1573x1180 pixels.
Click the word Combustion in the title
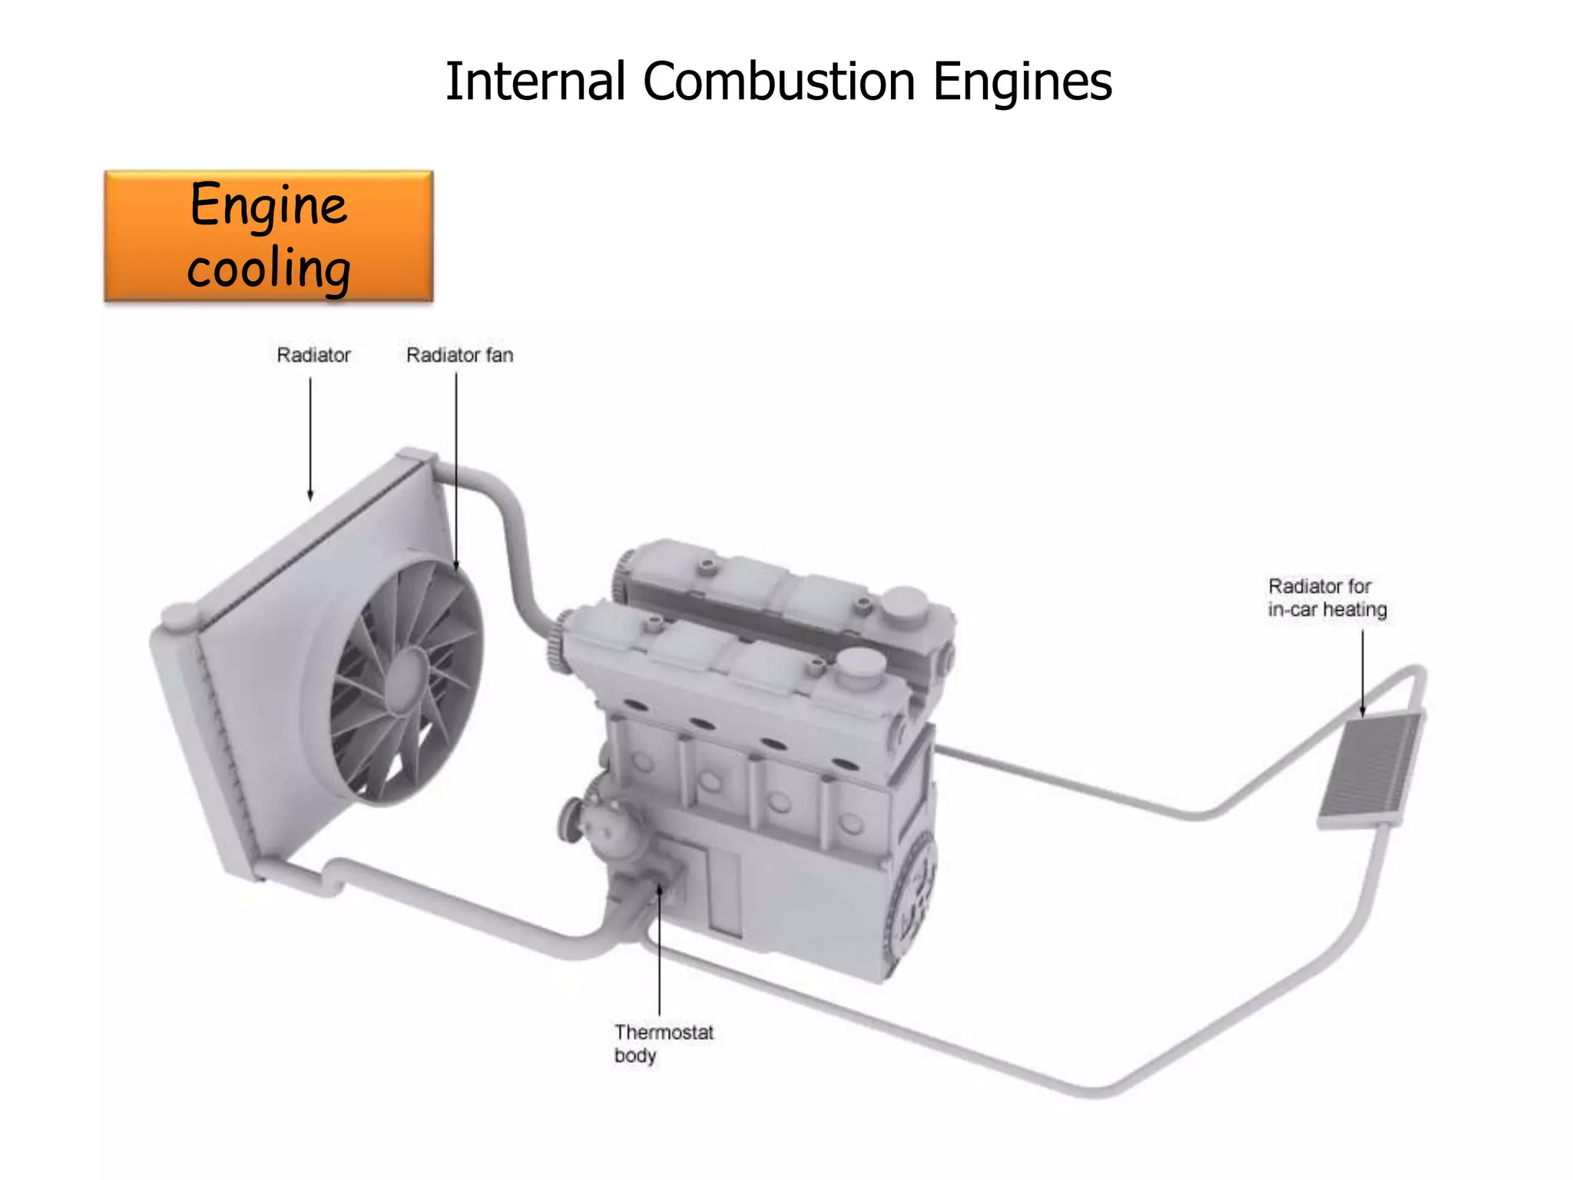(x=779, y=81)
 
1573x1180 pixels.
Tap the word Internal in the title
(x=535, y=81)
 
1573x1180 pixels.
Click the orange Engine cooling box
(x=269, y=236)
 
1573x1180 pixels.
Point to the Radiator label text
(x=313, y=355)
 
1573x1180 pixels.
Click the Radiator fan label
(x=459, y=355)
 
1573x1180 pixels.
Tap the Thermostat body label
(x=663, y=1043)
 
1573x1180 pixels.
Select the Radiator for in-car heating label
(x=1326, y=598)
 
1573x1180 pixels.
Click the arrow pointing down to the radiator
(x=310, y=438)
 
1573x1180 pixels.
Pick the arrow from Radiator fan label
(x=456, y=469)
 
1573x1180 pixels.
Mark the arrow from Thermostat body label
(x=659, y=953)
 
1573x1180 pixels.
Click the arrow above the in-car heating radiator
(x=1363, y=672)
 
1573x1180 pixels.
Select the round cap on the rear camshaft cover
(x=903, y=605)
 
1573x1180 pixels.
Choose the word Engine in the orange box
(x=269, y=206)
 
